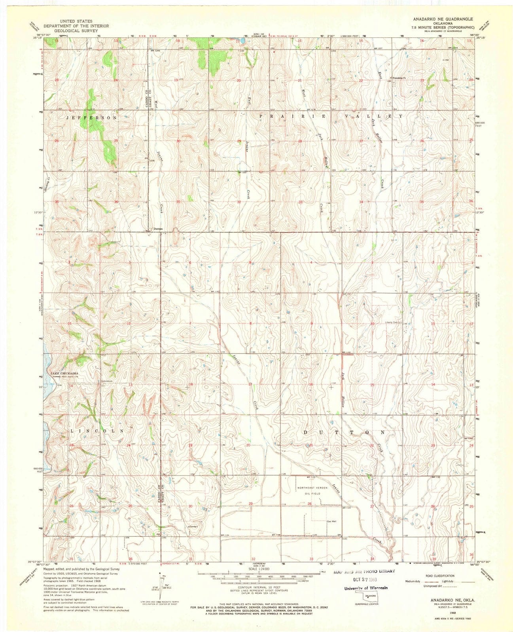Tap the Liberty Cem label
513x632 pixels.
pos(394,322)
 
